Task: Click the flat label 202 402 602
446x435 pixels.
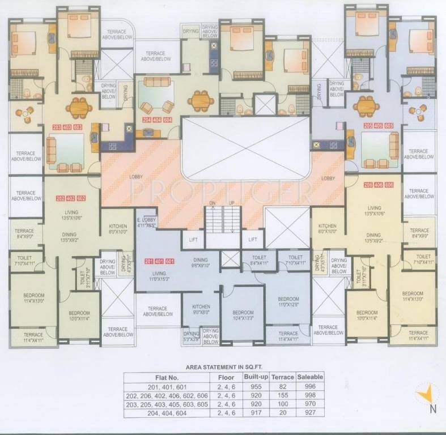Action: point(71,198)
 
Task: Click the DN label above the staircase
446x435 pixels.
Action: point(213,202)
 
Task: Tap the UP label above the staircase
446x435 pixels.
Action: point(231,202)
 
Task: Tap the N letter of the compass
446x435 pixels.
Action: point(432,408)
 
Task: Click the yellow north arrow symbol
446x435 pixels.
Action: point(426,393)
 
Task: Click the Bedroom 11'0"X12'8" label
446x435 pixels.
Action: point(288,302)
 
